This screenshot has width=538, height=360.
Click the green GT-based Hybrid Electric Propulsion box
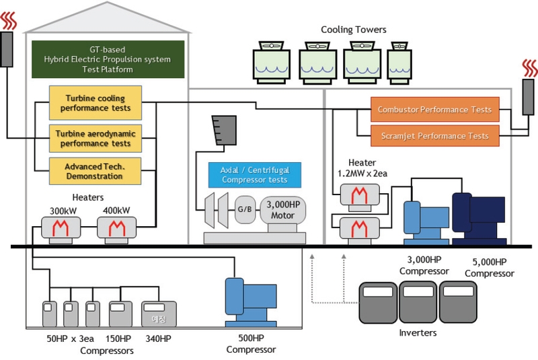point(108,59)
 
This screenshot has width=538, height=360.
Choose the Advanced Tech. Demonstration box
point(95,172)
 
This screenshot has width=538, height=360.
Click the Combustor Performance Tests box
point(434,109)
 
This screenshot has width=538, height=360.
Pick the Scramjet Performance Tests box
point(434,136)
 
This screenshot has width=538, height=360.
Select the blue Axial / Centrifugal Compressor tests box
point(254,175)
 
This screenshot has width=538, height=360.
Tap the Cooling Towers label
point(353,30)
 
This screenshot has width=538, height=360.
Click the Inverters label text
point(417,332)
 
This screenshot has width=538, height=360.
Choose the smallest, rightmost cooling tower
point(402,63)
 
